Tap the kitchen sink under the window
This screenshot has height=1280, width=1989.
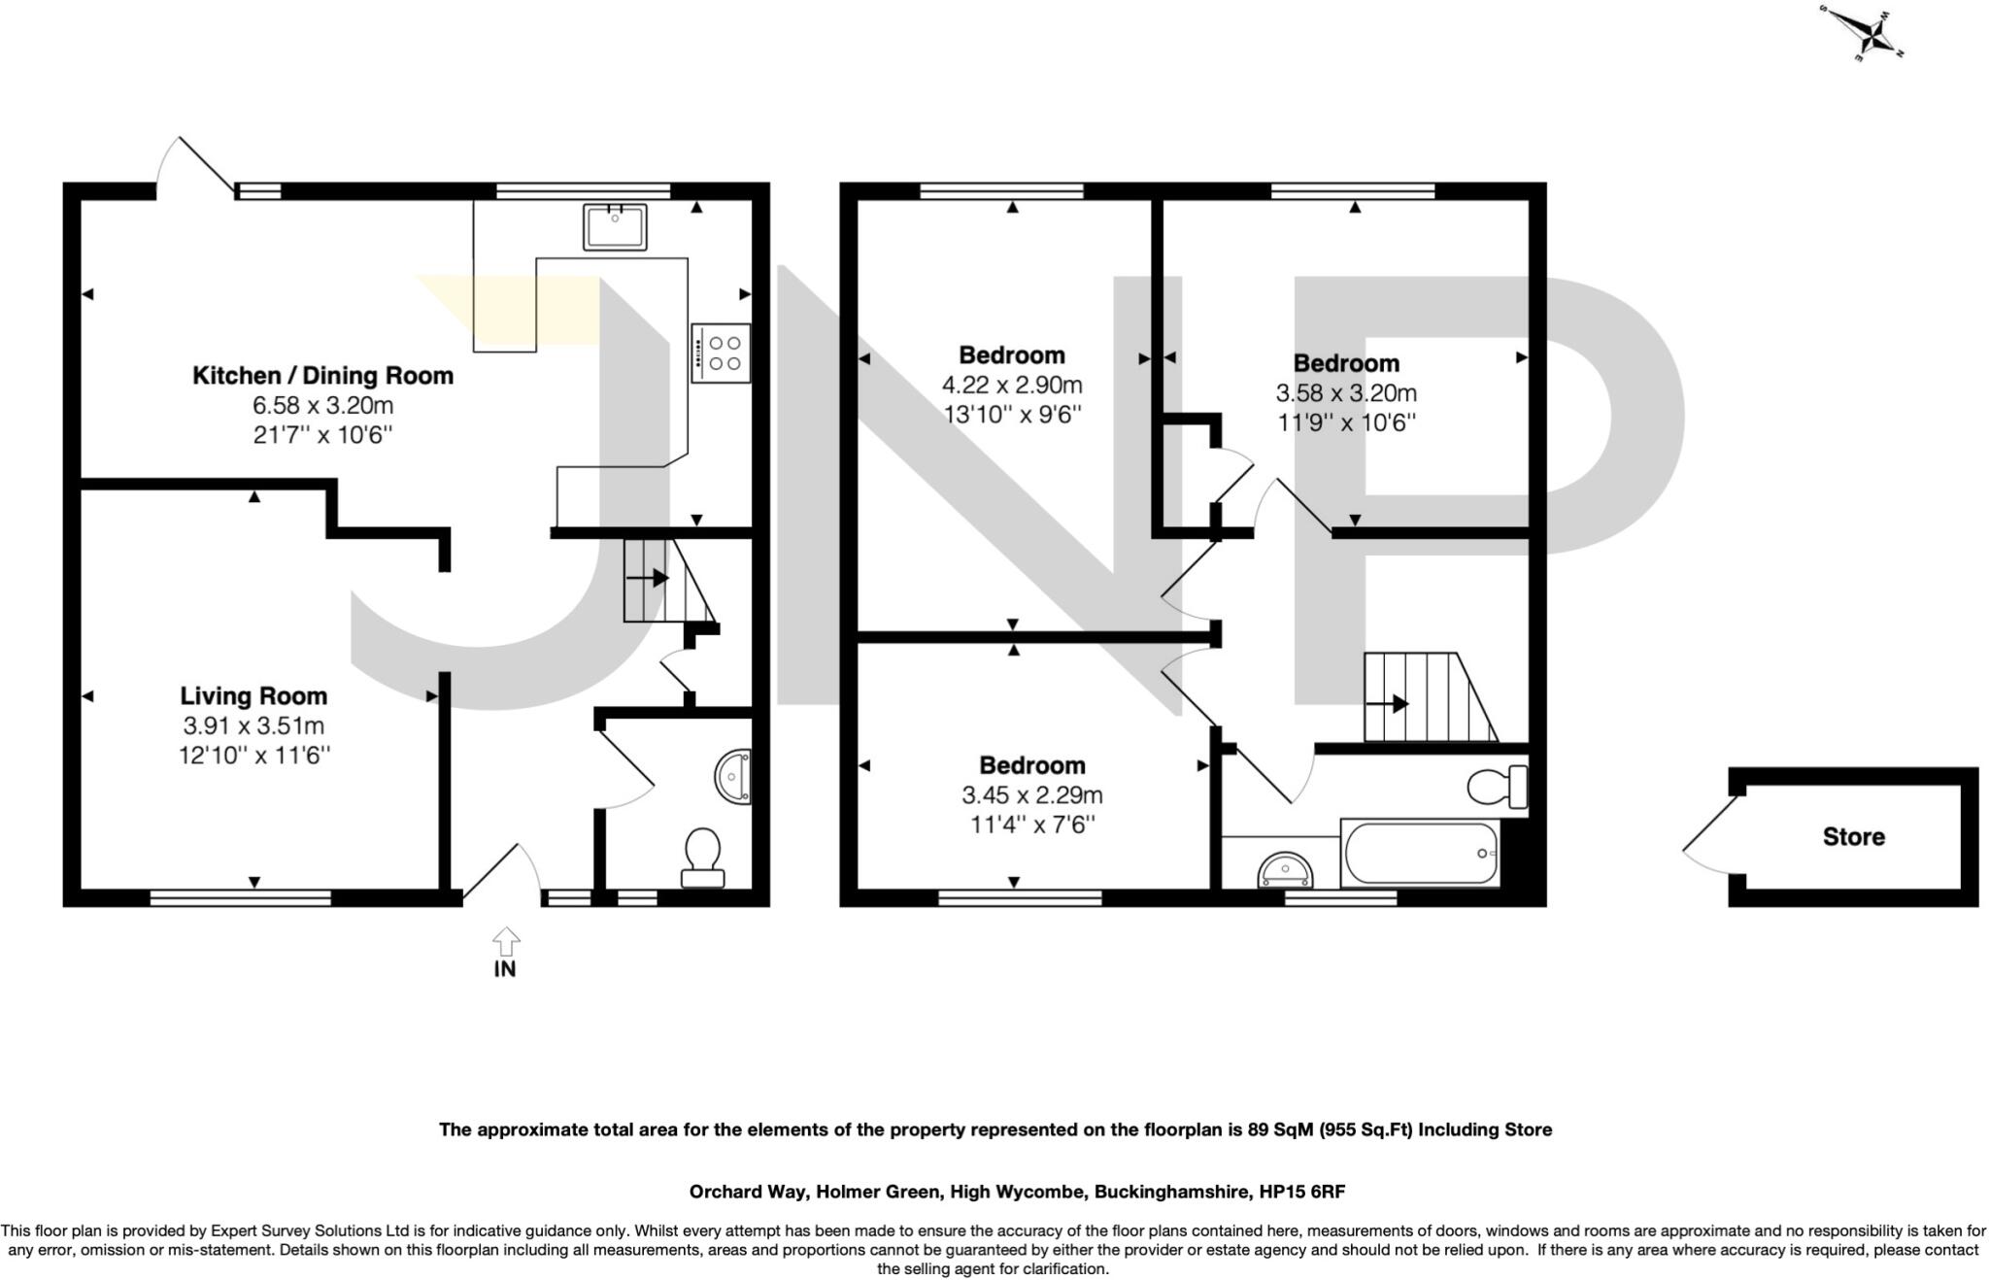click(x=615, y=226)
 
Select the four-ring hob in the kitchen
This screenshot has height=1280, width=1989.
click(x=721, y=353)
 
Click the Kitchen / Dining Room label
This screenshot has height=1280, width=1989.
click(x=322, y=376)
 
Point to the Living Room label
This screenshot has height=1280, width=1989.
click(x=253, y=696)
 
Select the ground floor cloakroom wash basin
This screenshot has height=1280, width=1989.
click(x=734, y=776)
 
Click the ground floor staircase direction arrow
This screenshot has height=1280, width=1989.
click(x=648, y=579)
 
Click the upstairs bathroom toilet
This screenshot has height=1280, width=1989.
click(x=1497, y=787)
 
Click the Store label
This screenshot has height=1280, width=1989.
click(x=1853, y=837)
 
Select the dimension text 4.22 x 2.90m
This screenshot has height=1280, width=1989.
click(x=1012, y=386)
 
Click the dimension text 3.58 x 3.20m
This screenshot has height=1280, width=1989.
click(x=1346, y=393)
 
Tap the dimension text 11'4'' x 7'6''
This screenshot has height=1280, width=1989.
click(x=1031, y=825)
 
